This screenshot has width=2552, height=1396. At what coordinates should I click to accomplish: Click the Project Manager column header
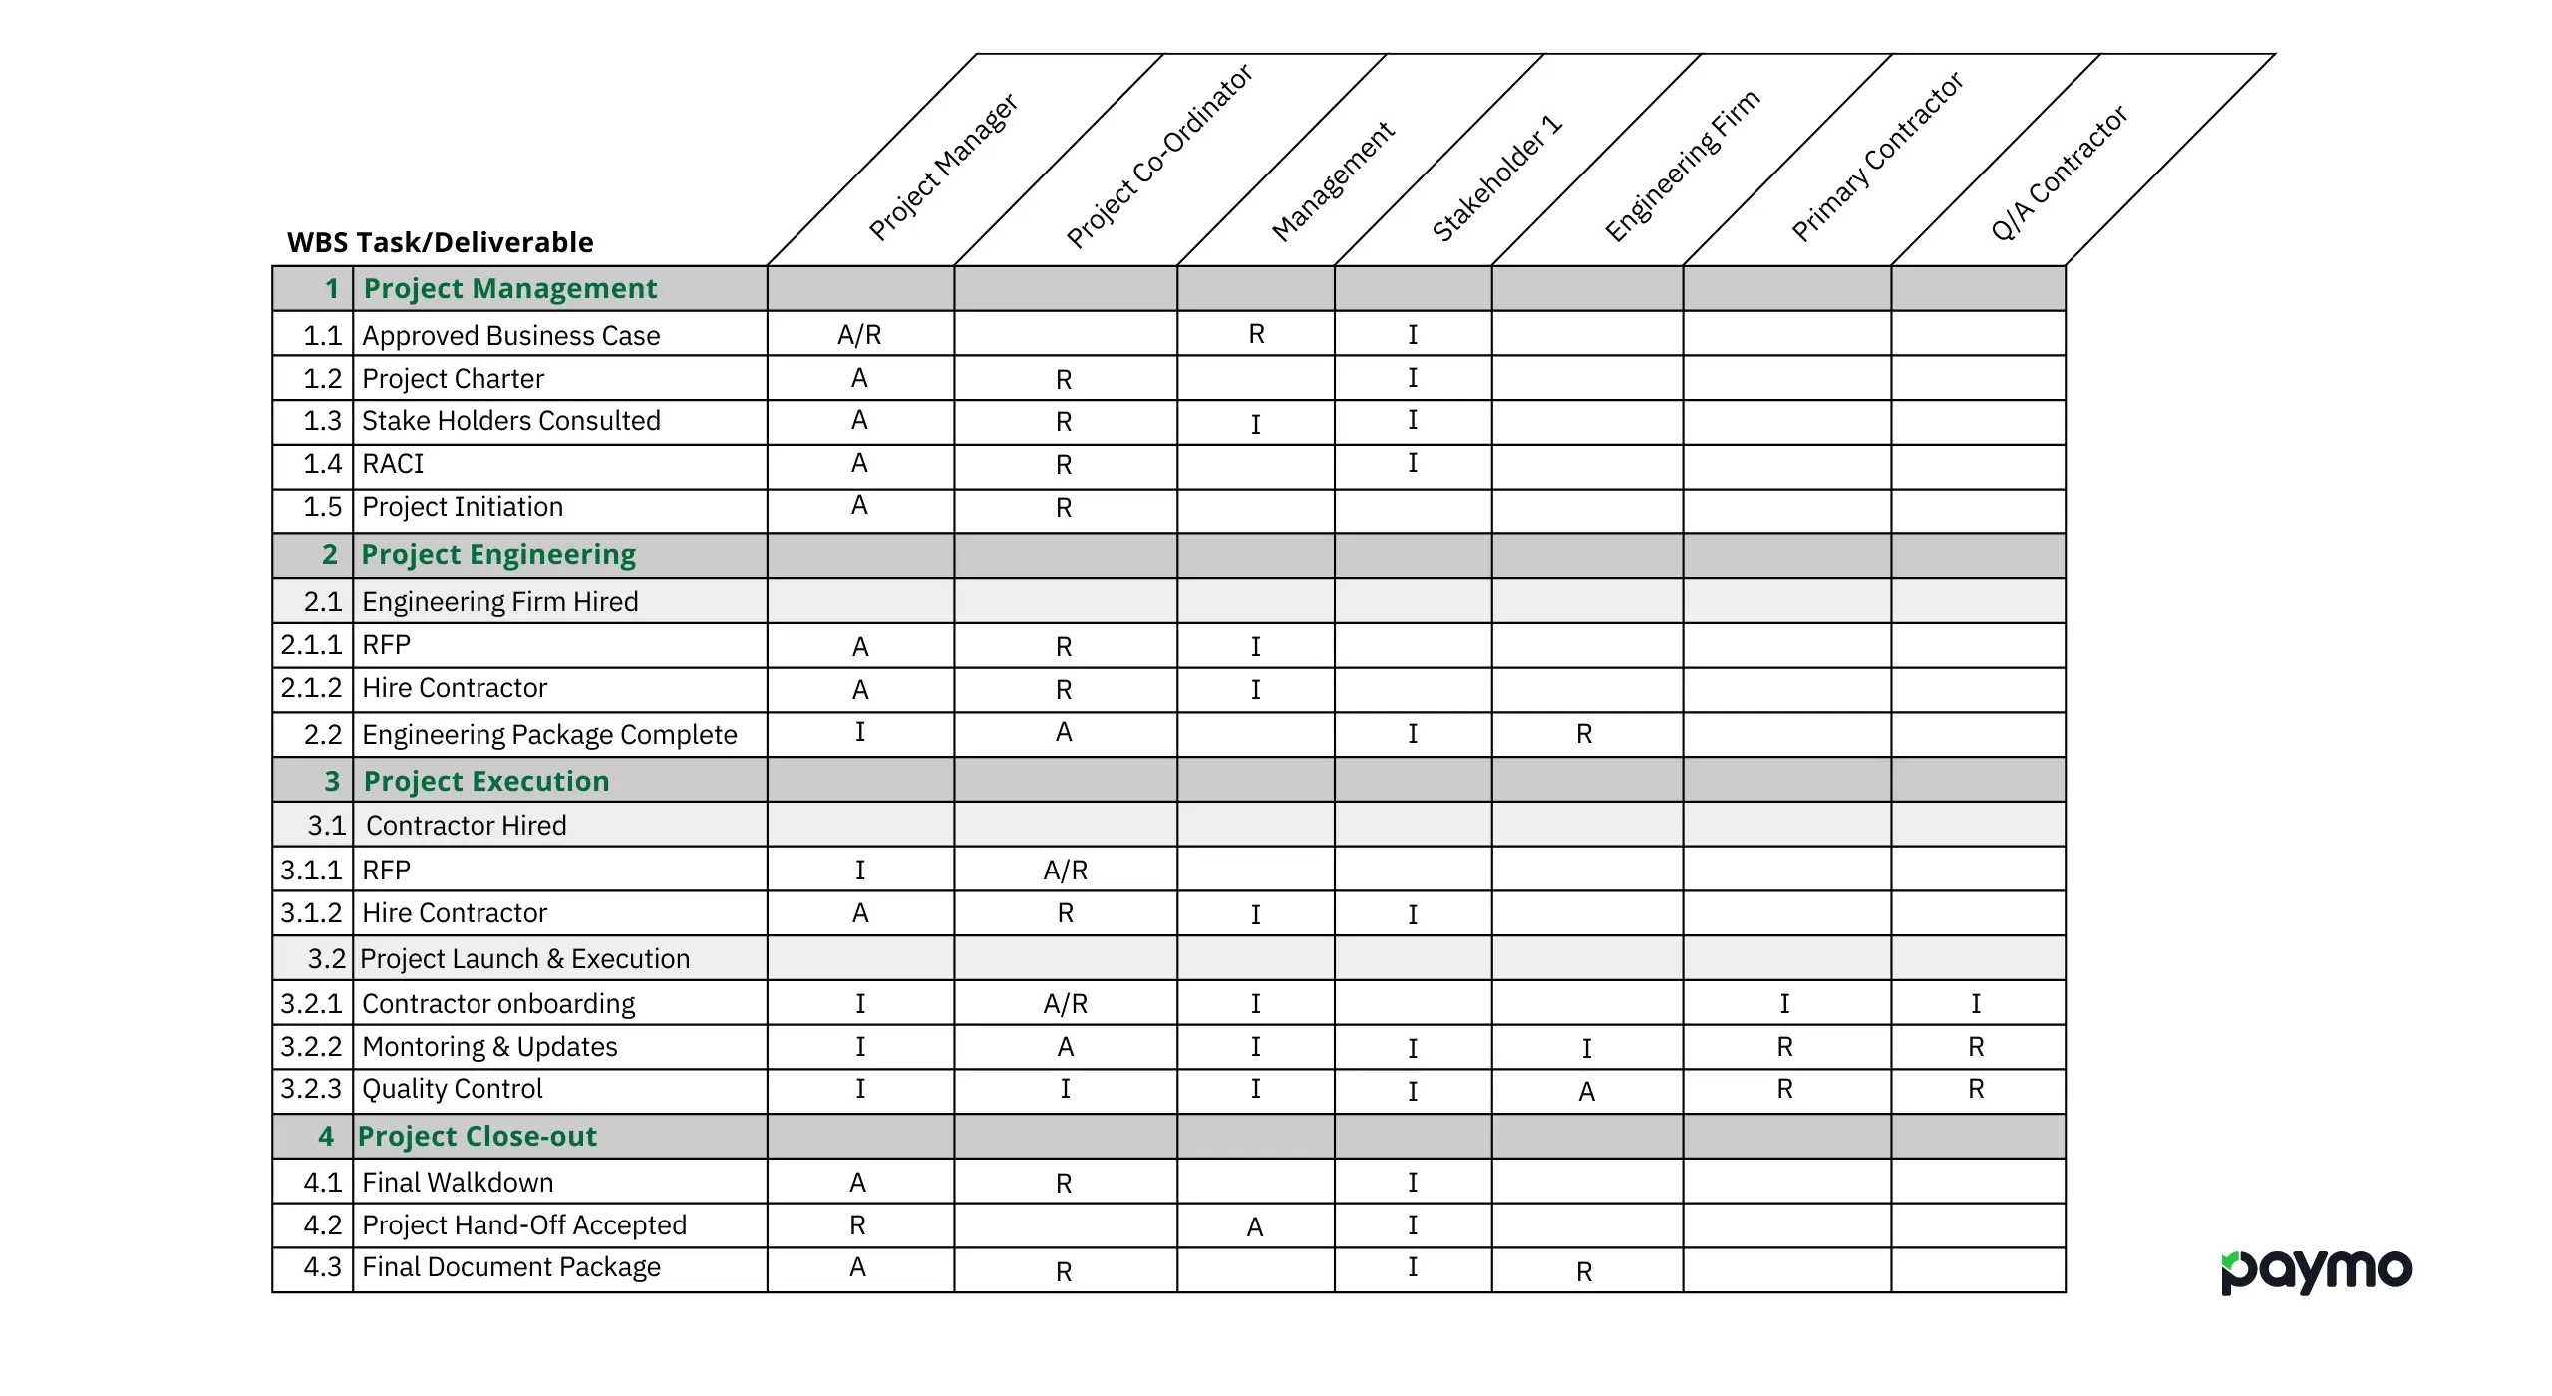click(x=942, y=168)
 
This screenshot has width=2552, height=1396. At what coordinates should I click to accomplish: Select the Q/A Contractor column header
click(x=2058, y=174)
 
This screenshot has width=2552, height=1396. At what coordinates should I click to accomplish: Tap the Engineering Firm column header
click(x=1682, y=167)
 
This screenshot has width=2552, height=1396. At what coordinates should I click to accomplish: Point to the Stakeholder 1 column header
click(x=1496, y=178)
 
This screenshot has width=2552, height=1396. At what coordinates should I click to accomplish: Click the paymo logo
click(x=2316, y=1271)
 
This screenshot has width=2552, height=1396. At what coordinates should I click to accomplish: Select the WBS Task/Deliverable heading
click(x=440, y=242)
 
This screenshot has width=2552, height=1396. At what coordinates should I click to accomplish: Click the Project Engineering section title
click(x=498, y=554)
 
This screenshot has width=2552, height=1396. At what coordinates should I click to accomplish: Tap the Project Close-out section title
click(x=477, y=1136)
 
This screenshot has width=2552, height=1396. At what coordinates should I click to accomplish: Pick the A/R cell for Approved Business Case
click(x=859, y=335)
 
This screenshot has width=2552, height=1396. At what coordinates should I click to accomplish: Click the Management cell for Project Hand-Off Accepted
click(x=1255, y=1226)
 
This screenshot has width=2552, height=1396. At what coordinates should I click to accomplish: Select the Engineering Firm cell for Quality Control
click(x=1586, y=1092)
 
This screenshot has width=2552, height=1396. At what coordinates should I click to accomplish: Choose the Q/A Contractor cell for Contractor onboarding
click(x=1976, y=1003)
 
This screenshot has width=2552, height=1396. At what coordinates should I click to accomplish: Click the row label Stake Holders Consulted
click(x=510, y=421)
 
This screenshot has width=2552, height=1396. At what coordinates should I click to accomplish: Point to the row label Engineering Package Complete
click(x=549, y=735)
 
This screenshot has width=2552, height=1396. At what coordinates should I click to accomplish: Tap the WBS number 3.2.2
click(x=311, y=1047)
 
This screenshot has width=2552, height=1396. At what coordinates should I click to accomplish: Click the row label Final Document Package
click(x=510, y=1267)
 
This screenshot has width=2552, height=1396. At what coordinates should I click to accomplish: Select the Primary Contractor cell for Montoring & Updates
click(x=1784, y=1047)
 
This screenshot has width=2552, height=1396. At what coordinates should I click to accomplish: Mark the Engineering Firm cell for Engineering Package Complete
click(x=1584, y=735)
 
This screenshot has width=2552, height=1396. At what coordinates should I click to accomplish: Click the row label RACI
click(x=393, y=464)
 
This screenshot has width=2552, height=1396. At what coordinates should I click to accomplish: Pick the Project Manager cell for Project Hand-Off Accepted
click(x=857, y=1225)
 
